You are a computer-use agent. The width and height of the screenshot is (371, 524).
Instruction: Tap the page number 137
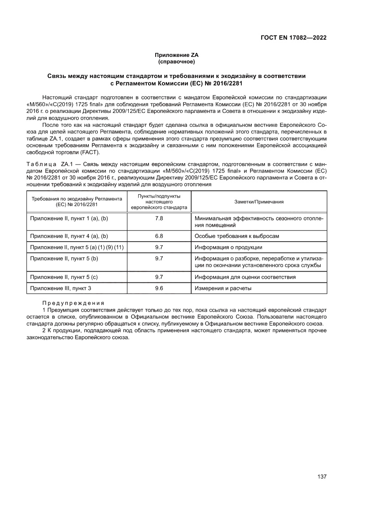click(x=321, y=476)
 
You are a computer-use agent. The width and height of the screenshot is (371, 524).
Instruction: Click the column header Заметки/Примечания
click(x=259, y=202)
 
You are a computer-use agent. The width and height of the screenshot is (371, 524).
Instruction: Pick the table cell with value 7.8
click(x=159, y=218)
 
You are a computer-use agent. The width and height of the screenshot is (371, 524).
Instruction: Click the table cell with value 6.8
click(x=159, y=236)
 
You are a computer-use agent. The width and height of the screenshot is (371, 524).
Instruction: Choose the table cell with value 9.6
click(x=159, y=288)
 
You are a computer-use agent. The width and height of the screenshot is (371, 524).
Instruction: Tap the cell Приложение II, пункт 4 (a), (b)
click(x=69, y=236)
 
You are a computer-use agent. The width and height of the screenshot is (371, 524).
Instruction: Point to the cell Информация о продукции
click(x=228, y=247)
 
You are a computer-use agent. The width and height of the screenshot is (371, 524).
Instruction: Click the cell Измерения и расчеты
click(x=223, y=288)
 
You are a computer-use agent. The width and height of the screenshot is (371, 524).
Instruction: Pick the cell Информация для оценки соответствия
click(x=245, y=277)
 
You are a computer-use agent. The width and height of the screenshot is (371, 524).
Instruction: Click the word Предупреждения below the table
click(x=73, y=303)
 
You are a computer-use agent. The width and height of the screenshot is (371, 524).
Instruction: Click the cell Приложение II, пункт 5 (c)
click(x=64, y=277)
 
